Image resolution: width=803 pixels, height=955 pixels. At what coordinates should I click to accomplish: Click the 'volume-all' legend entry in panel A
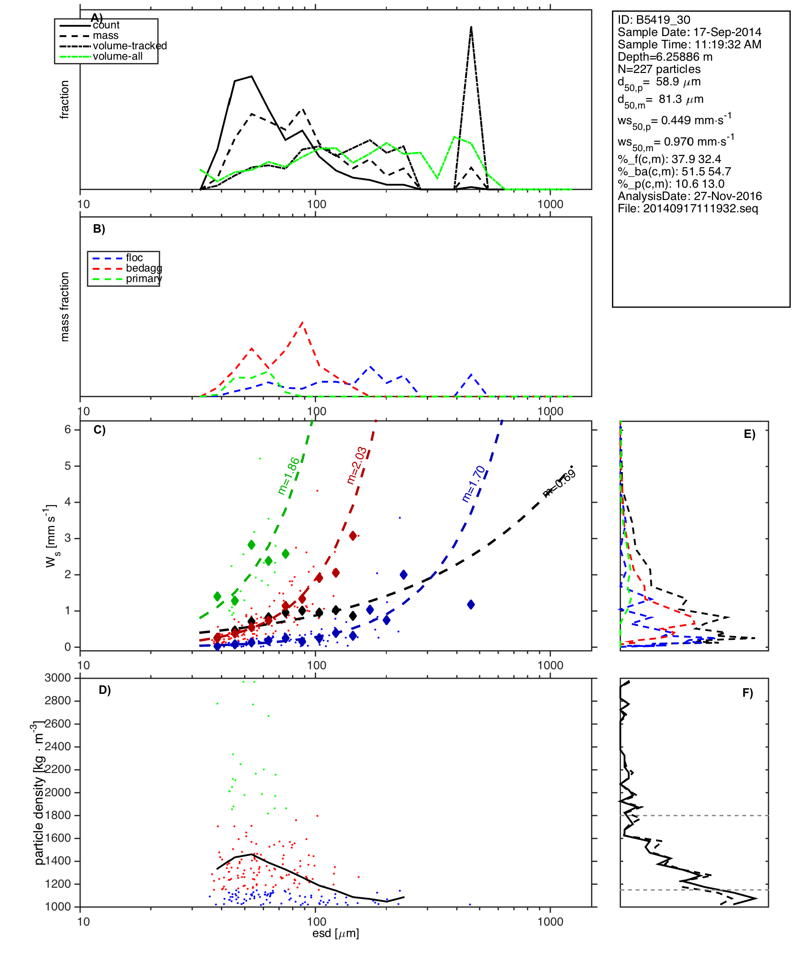[118, 56]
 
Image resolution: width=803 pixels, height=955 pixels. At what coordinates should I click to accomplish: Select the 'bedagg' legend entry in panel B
[144, 268]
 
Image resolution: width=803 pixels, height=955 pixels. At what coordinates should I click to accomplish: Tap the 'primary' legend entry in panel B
[144, 279]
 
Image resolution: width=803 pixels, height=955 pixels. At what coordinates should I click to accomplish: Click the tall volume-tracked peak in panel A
[471, 27]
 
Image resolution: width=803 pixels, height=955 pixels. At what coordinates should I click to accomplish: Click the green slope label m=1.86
[289, 476]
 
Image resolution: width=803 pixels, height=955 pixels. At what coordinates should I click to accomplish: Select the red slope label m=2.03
[356, 465]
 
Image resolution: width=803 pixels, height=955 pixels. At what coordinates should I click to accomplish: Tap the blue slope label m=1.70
[474, 484]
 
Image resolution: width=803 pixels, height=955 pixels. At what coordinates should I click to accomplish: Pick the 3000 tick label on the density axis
[58, 678]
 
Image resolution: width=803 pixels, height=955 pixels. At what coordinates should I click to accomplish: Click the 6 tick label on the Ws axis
[68, 429]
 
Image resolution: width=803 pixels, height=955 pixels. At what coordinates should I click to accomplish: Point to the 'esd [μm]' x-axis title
[336, 933]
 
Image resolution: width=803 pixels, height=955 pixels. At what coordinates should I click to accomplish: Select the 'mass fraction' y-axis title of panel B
[65, 307]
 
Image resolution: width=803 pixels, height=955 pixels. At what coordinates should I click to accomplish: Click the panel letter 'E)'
[749, 435]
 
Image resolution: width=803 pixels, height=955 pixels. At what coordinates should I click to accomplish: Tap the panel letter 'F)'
[748, 693]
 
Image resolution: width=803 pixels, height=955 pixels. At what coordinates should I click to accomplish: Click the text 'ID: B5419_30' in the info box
[654, 20]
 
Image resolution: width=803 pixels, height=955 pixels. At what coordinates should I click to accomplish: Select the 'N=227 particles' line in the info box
[659, 69]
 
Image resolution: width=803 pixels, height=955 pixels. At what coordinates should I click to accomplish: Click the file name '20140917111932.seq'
[700, 209]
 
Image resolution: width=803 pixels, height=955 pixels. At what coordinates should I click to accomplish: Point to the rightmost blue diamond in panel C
[471, 604]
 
